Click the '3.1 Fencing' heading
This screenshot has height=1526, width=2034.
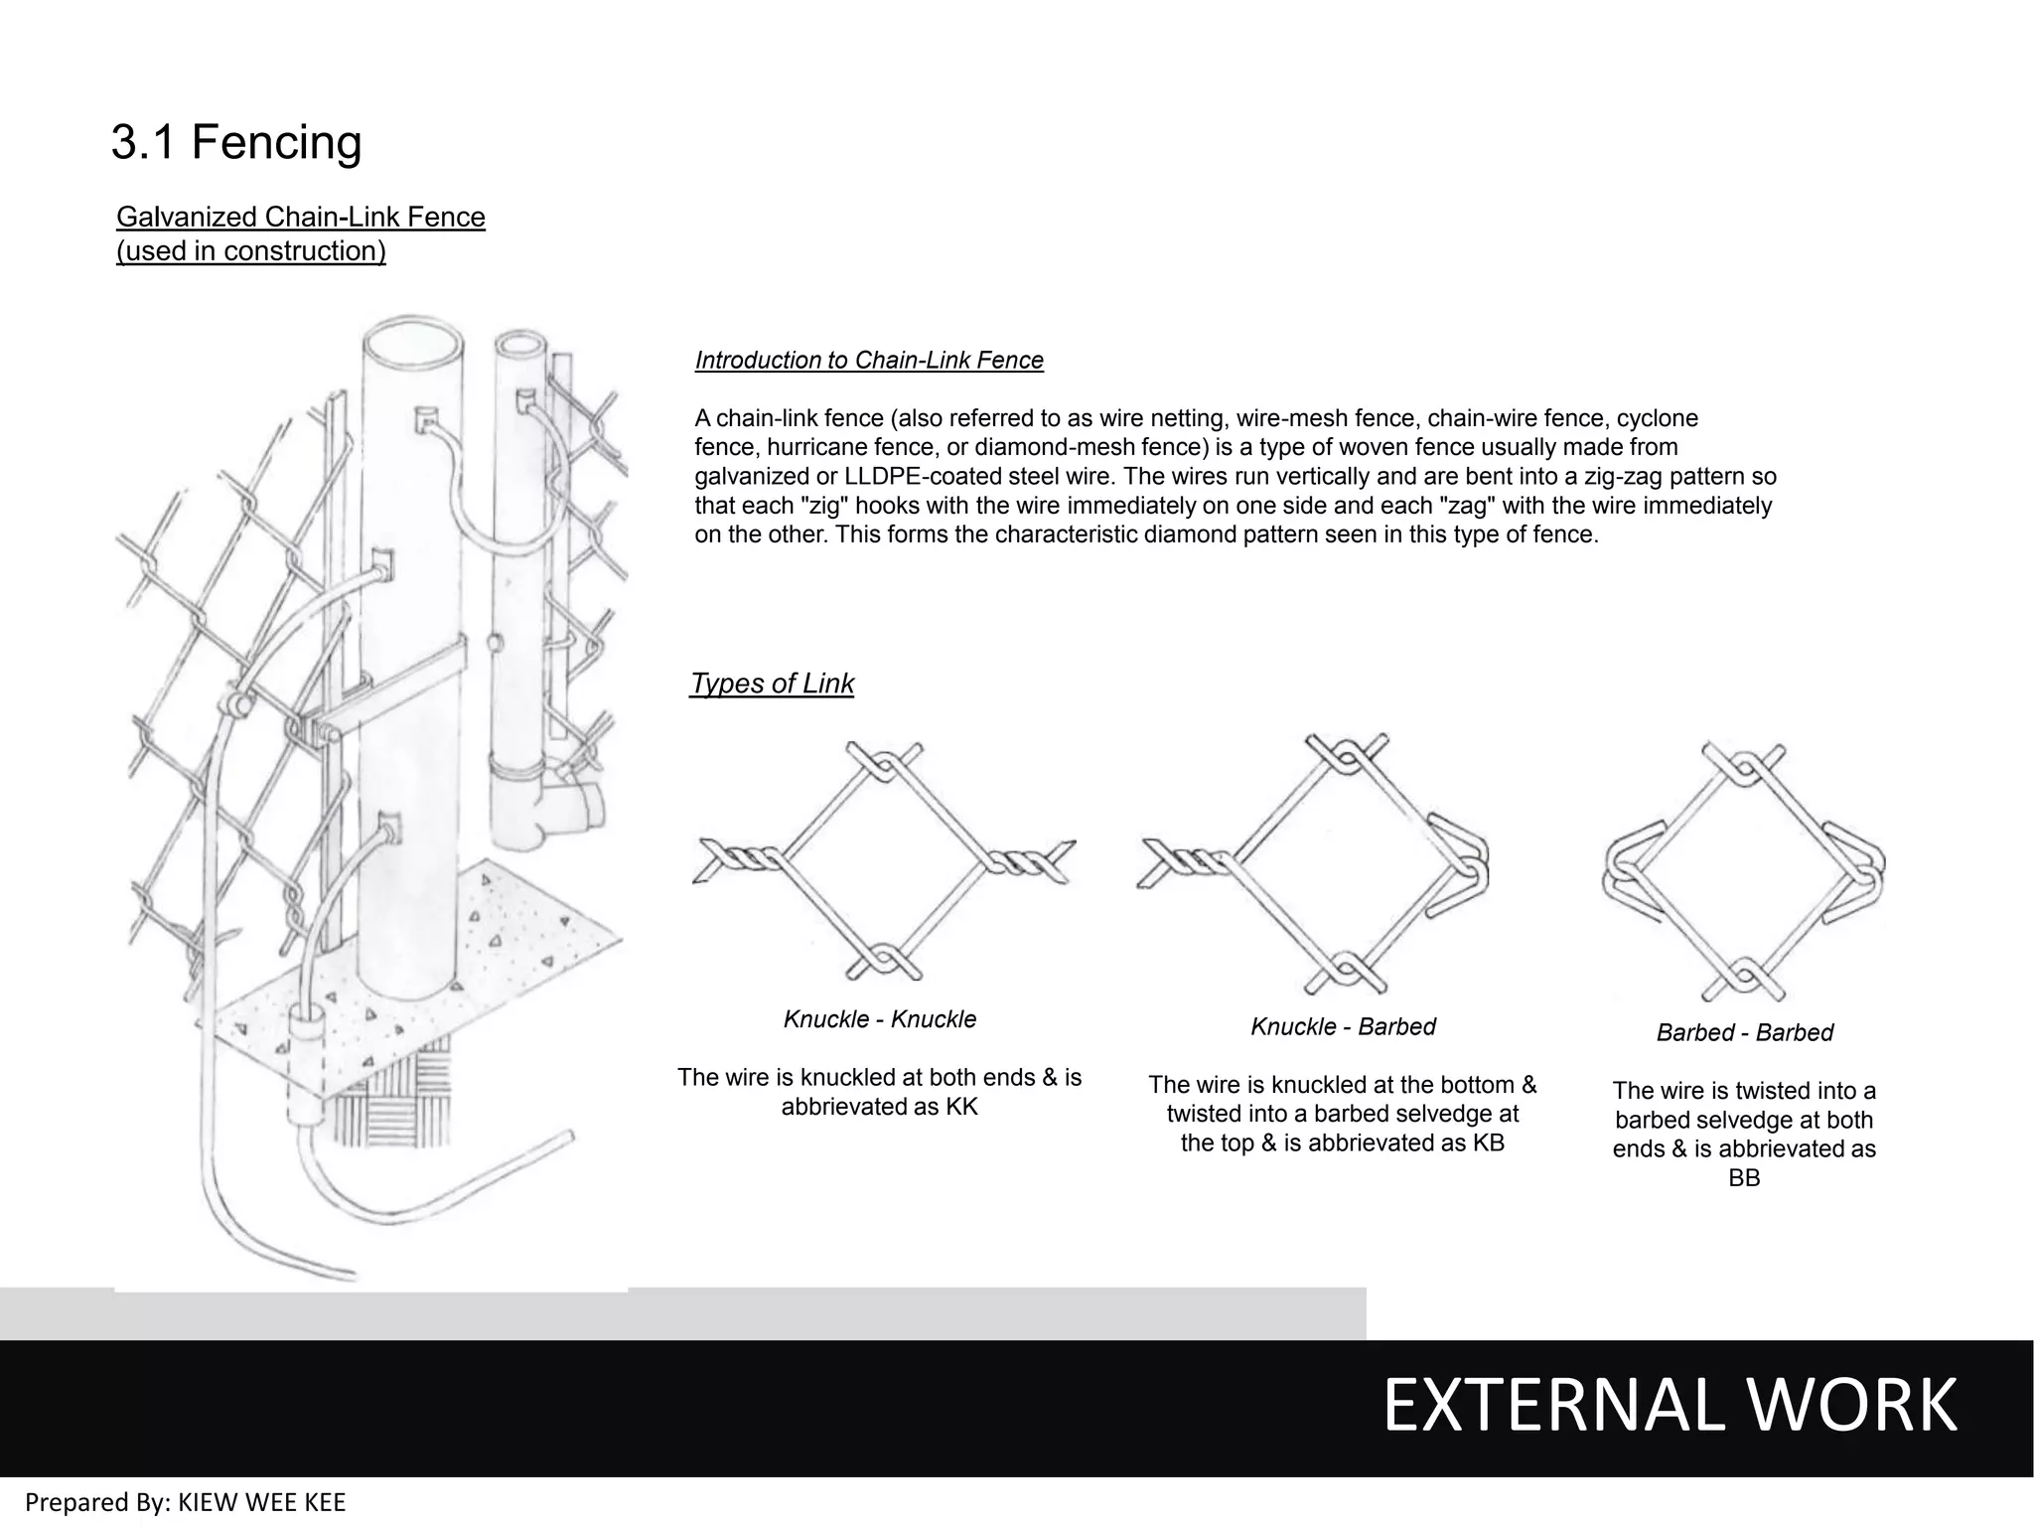(236, 142)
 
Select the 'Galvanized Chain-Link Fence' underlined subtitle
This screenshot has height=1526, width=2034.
(300, 218)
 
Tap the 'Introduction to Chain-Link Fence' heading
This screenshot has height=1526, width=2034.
(869, 360)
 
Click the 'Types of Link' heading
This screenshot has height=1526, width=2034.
(772, 684)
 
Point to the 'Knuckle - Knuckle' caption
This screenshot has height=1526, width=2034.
(879, 1019)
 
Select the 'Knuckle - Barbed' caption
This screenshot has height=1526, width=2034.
(1343, 1026)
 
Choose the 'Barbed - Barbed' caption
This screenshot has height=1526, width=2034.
(1744, 1032)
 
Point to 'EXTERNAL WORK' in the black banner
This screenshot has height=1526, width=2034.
(1669, 1406)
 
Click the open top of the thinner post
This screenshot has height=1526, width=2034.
(518, 349)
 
